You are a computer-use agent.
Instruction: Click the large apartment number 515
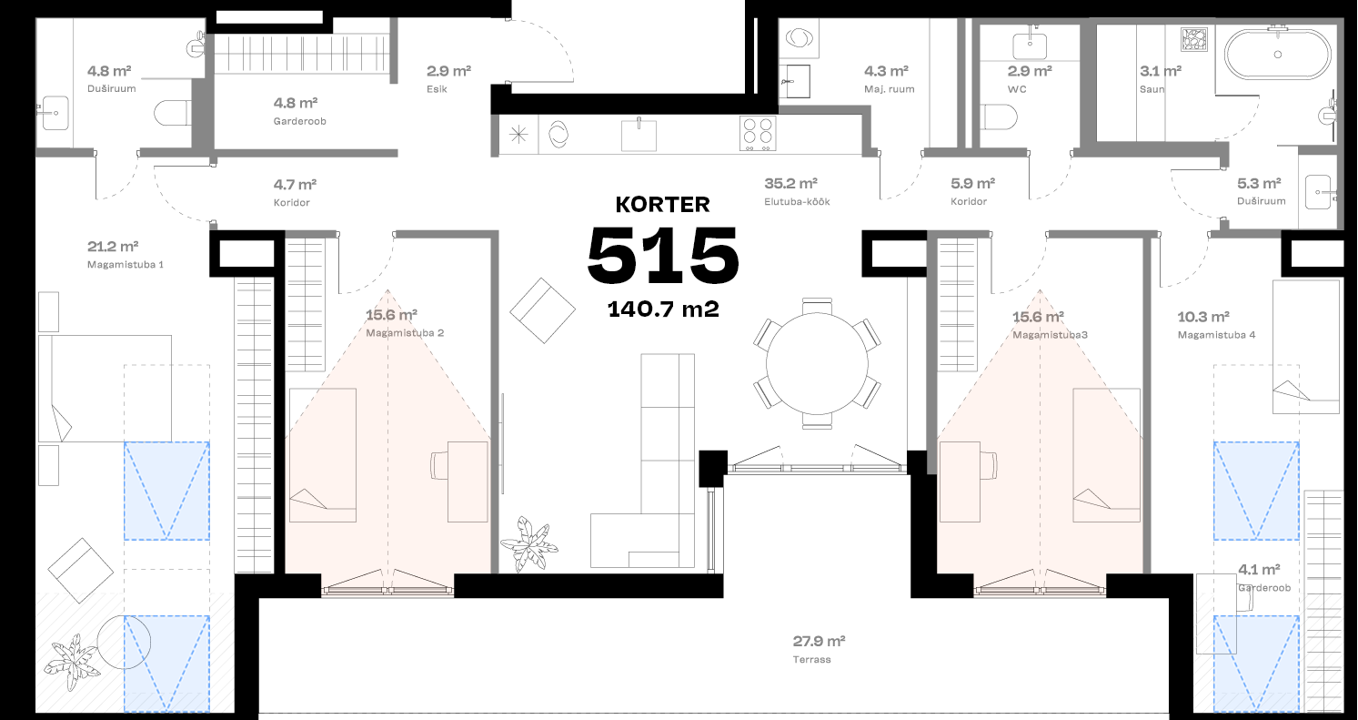[x=662, y=256]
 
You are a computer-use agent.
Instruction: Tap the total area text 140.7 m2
[x=663, y=309]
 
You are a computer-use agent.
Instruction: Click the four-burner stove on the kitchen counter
[x=758, y=134]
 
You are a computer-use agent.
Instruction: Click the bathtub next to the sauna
[x=1277, y=55]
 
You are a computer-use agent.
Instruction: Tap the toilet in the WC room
[x=999, y=117]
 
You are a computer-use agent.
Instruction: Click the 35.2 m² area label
[x=790, y=182]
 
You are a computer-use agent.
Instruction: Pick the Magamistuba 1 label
[x=125, y=265]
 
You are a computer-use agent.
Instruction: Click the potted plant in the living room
[x=529, y=543]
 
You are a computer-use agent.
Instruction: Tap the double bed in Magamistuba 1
[x=105, y=389]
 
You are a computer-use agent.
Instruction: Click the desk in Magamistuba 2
[x=468, y=482]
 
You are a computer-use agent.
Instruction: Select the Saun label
[x=1152, y=89]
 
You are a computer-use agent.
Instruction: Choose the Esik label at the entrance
[x=436, y=89]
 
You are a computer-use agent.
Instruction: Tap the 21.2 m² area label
[x=112, y=246]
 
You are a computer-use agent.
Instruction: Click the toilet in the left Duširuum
[x=171, y=114]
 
